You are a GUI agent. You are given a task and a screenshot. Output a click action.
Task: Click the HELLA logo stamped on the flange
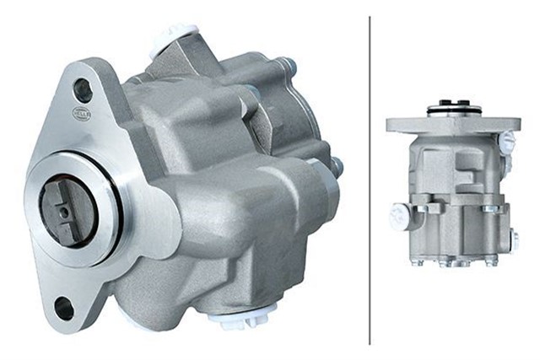click(x=80, y=114)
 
